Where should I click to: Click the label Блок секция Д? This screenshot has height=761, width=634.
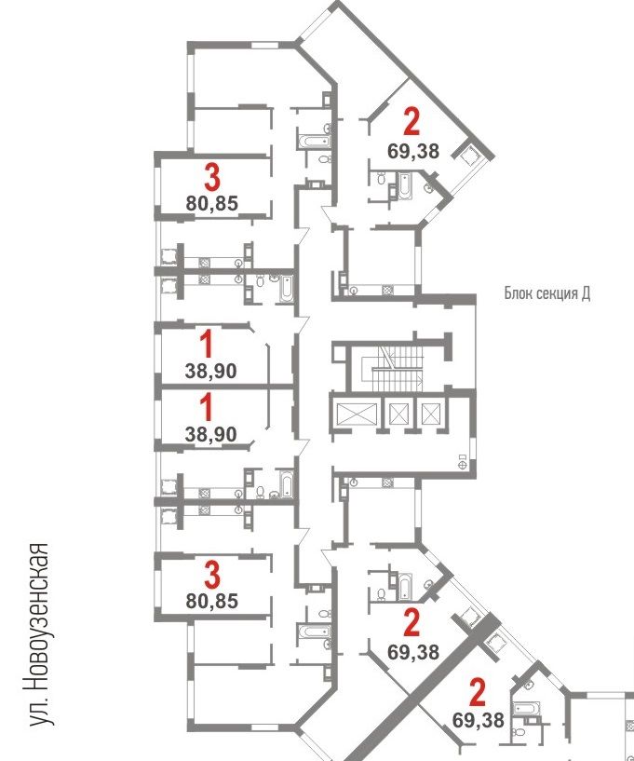[547, 293]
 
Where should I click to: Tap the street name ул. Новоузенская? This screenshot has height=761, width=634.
[39, 634]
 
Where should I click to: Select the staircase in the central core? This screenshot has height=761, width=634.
[398, 368]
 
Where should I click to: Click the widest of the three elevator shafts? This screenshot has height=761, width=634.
[357, 414]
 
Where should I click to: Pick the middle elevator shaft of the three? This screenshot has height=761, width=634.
[398, 414]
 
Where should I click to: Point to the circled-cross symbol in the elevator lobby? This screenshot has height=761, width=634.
[462, 465]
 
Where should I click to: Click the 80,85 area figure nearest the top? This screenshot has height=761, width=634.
[212, 203]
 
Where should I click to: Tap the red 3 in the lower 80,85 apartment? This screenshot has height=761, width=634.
[212, 575]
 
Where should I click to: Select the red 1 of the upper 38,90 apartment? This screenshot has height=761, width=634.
[207, 344]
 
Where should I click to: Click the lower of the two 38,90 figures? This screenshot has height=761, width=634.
[211, 434]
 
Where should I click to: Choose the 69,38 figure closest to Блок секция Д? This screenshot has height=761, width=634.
[413, 151]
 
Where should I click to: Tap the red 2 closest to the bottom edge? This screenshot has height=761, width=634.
[478, 693]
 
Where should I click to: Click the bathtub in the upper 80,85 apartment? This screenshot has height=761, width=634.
[314, 142]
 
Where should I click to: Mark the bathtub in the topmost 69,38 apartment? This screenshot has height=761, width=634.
[405, 185]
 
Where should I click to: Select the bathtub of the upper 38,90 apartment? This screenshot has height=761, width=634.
[287, 289]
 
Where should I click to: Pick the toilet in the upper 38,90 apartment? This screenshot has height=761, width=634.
[260, 280]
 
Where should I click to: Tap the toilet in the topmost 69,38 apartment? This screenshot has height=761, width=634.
[382, 179]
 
